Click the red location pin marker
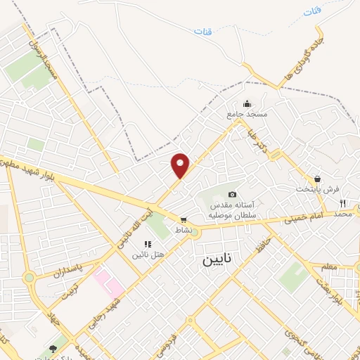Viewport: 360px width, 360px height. pyautogui.click(x=181, y=165)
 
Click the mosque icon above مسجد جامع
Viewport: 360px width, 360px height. pyautogui.click(x=247, y=103)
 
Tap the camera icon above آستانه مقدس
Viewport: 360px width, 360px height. pyautogui.click(x=233, y=194)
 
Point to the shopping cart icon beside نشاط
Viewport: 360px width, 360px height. pyautogui.click(x=184, y=219)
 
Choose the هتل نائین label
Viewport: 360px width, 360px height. pyautogui.click(x=147, y=254)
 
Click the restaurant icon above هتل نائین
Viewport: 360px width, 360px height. pyautogui.click(x=148, y=243)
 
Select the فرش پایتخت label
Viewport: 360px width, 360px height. pyautogui.click(x=317, y=189)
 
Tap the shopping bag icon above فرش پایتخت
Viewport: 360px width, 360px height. pyautogui.click(x=318, y=179)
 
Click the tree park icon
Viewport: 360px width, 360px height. pyautogui.click(x=53, y=348)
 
